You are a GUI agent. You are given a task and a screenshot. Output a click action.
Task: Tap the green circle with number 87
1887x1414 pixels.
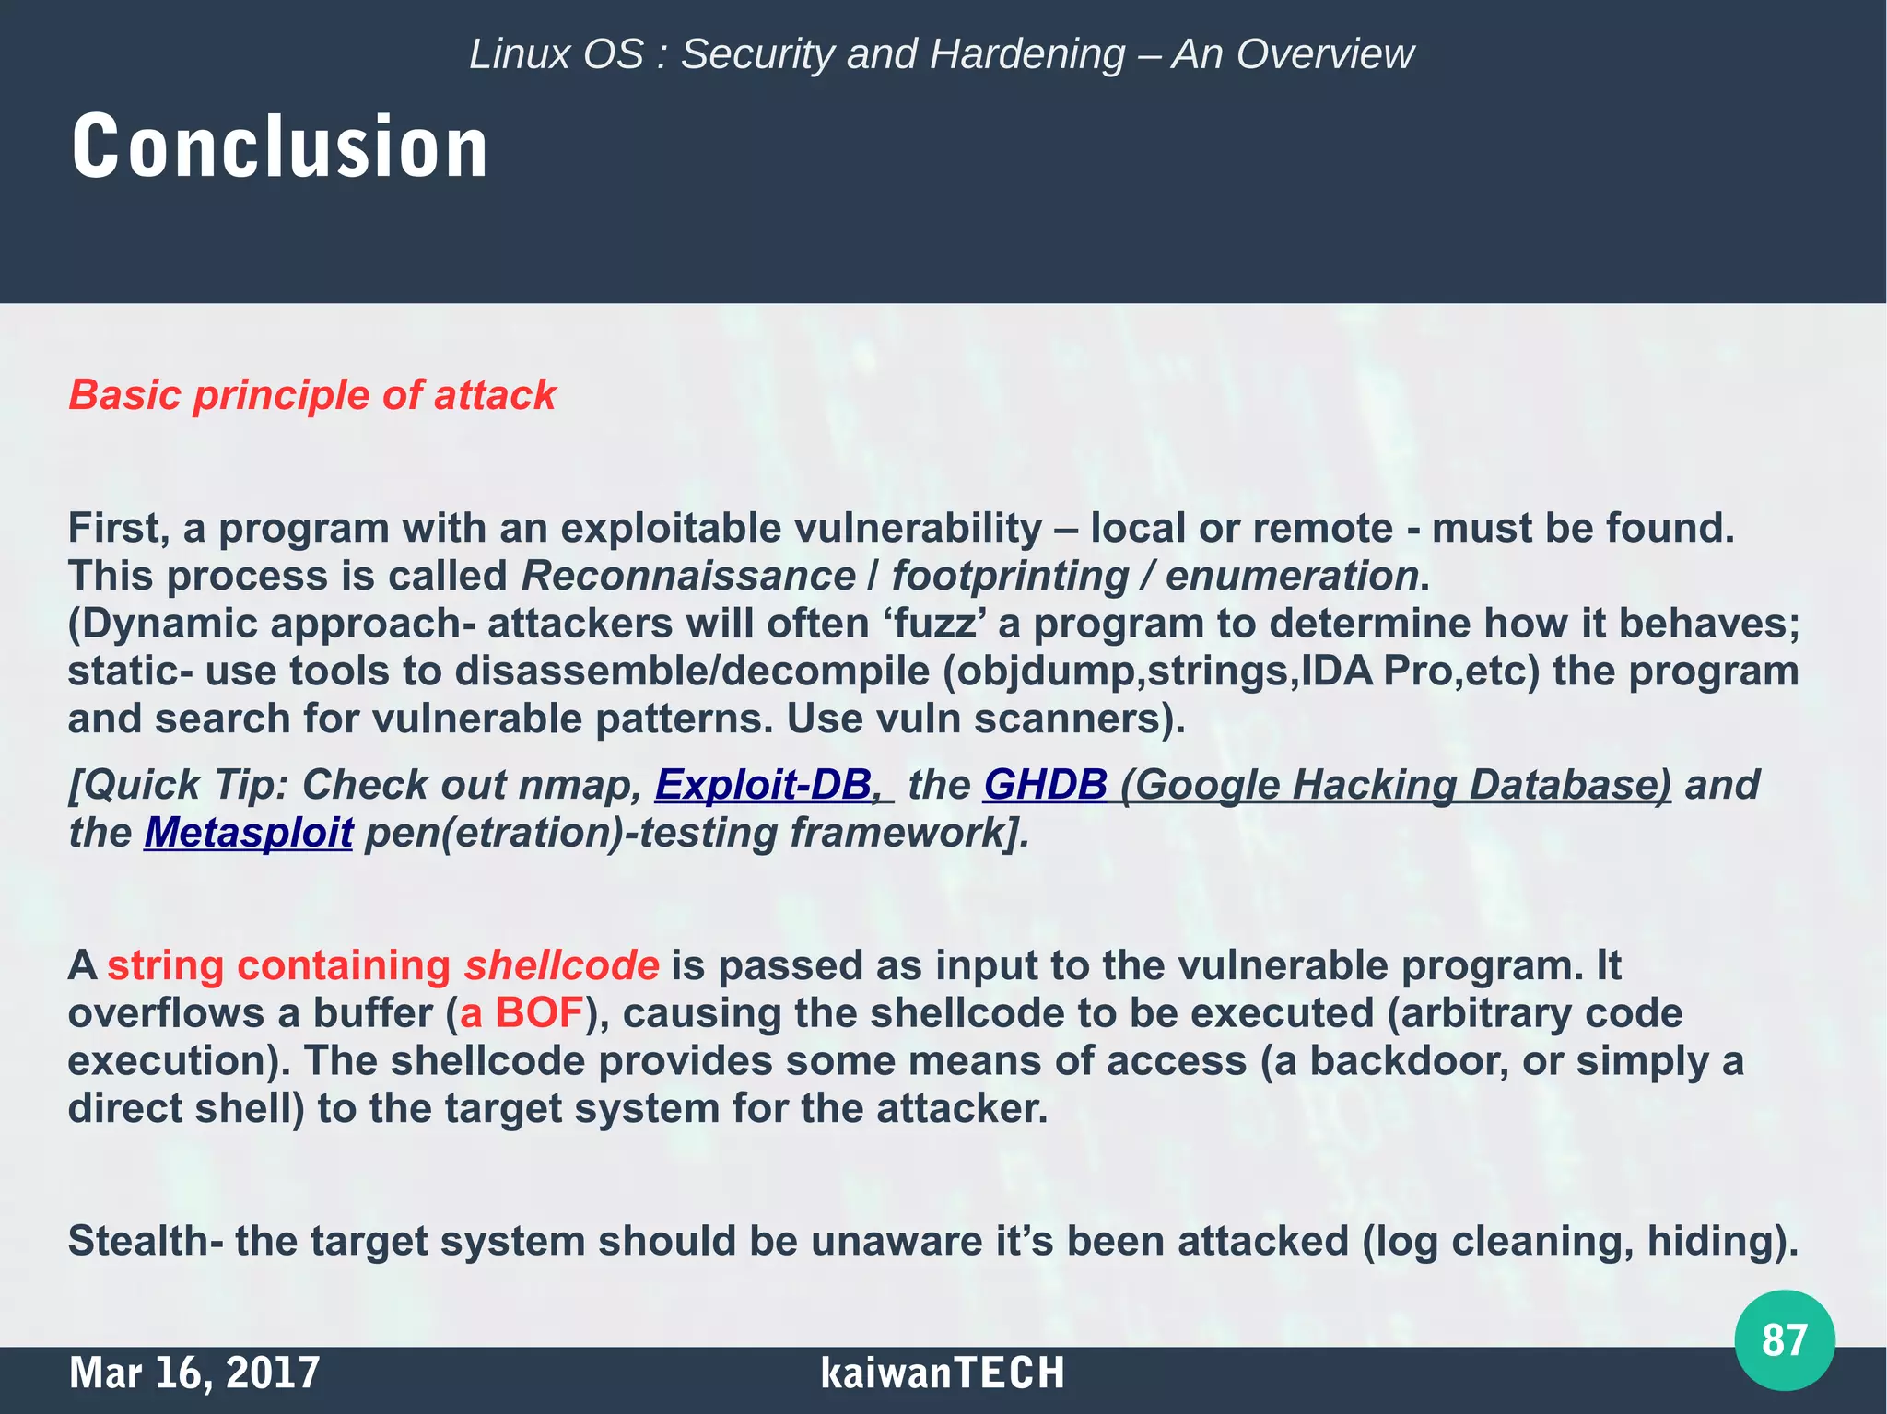coord(1784,1339)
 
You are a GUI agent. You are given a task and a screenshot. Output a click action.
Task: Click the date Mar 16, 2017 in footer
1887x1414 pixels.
coord(193,1373)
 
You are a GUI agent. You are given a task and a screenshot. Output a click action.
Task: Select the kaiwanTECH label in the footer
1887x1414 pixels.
coord(942,1373)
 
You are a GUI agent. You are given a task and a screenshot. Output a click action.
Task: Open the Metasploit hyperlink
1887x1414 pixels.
coord(248,833)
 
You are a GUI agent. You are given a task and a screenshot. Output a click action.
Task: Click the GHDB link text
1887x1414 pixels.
coord(1045,785)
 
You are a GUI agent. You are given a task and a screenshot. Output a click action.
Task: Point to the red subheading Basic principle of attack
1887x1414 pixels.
coord(312,395)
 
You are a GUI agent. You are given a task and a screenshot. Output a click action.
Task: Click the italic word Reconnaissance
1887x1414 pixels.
coord(688,577)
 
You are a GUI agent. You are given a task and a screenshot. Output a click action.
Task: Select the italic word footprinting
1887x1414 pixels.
coord(1010,577)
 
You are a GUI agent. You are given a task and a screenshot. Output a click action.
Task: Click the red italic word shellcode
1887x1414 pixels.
coord(561,965)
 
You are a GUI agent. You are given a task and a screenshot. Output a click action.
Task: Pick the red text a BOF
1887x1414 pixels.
coord(522,1013)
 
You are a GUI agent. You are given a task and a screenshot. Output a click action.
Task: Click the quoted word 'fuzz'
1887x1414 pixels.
coord(935,624)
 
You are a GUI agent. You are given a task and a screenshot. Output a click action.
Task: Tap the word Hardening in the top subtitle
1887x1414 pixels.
coord(1027,54)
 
